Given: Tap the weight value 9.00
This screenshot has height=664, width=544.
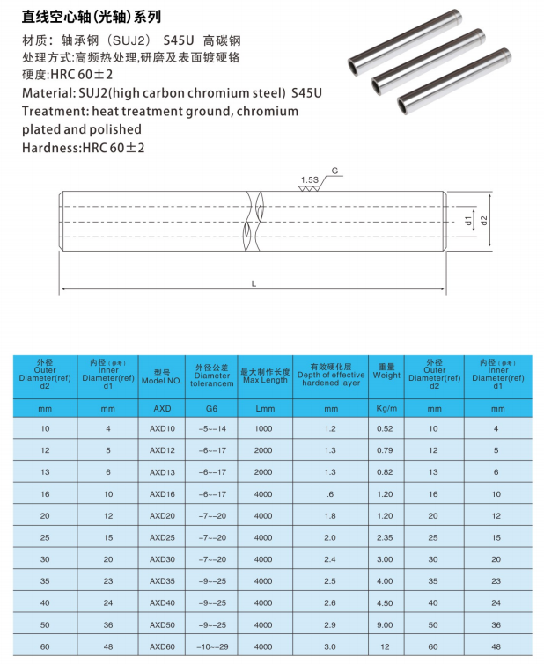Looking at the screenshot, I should click(x=385, y=624).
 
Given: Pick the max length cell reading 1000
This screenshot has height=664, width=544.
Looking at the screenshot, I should click(x=263, y=428).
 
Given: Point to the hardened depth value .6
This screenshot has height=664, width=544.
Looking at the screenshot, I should click(x=330, y=493).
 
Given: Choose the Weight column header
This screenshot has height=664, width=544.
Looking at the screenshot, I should click(x=386, y=370).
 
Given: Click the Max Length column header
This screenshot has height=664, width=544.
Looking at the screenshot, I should click(x=264, y=376).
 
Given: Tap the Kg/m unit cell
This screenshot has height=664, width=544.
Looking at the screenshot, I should click(x=386, y=408).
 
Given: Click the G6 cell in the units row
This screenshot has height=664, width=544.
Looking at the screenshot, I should click(x=211, y=408).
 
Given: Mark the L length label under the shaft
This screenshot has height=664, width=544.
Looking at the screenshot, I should click(x=254, y=283).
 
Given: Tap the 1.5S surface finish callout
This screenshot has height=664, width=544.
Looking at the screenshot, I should click(x=309, y=179).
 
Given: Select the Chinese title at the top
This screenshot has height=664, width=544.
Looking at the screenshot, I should click(x=92, y=17).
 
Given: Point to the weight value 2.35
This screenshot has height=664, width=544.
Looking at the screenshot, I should click(x=385, y=536).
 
